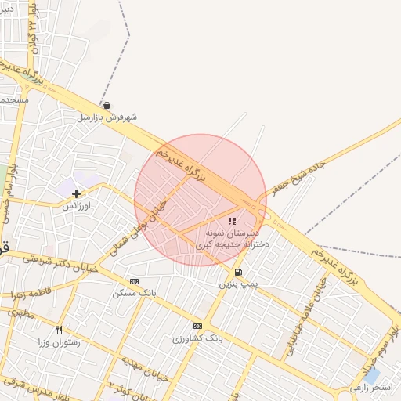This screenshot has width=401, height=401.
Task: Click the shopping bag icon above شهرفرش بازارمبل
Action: tap(107, 105)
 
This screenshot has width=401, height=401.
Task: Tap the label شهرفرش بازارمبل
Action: tap(107, 117)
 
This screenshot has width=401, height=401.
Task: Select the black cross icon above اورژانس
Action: tap(76, 193)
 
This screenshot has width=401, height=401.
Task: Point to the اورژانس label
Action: tap(78, 205)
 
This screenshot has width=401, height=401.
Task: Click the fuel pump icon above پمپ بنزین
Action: tap(237, 272)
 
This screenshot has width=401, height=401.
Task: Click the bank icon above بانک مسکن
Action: tap(134, 281)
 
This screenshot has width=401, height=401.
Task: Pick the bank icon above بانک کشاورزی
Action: tap(197, 326)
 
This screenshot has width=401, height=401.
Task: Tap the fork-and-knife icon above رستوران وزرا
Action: tap(59, 330)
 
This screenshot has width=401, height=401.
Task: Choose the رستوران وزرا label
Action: tap(59, 342)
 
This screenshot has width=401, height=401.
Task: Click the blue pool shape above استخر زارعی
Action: tap(371, 375)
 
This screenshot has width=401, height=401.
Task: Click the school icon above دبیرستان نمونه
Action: tap(231, 222)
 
